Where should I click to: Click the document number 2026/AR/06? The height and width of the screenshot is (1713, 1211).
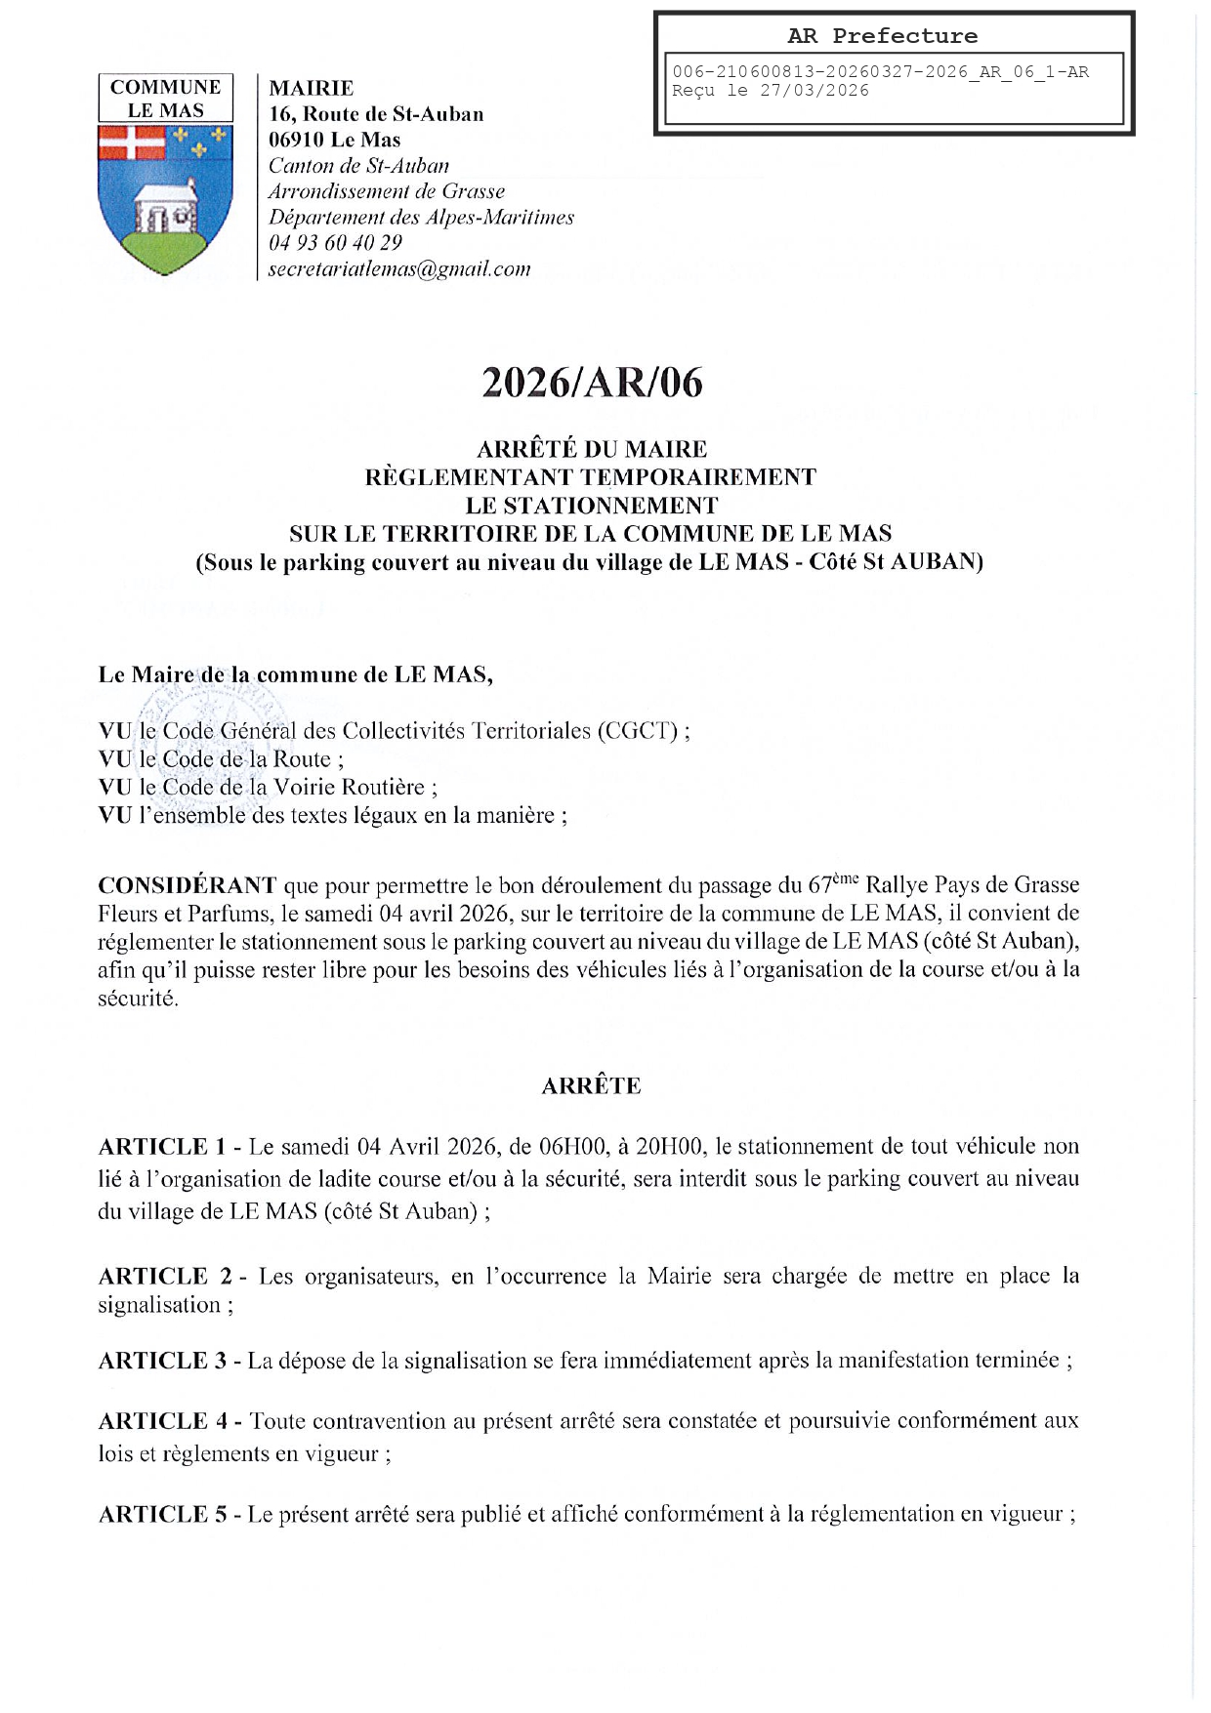[592, 384]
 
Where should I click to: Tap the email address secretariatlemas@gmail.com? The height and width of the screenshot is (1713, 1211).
[399, 269]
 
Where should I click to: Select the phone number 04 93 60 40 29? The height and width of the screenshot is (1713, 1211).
[335, 243]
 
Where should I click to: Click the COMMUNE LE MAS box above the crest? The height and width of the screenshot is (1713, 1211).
[166, 98]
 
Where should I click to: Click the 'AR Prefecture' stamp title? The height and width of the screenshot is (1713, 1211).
[882, 36]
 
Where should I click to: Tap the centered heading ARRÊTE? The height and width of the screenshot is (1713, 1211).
[591, 1086]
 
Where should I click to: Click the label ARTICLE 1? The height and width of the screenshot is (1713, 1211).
[162, 1147]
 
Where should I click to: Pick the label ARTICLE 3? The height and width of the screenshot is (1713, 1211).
[162, 1361]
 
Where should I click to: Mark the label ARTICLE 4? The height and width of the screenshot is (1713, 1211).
[163, 1421]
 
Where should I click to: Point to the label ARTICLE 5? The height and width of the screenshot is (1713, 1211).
[162, 1515]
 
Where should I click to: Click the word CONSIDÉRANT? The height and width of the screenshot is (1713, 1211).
[188, 886]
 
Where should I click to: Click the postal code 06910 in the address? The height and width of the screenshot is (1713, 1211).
[298, 140]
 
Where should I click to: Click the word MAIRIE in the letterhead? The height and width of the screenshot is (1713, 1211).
[312, 89]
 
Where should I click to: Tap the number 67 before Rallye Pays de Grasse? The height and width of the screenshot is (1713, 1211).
[819, 886]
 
